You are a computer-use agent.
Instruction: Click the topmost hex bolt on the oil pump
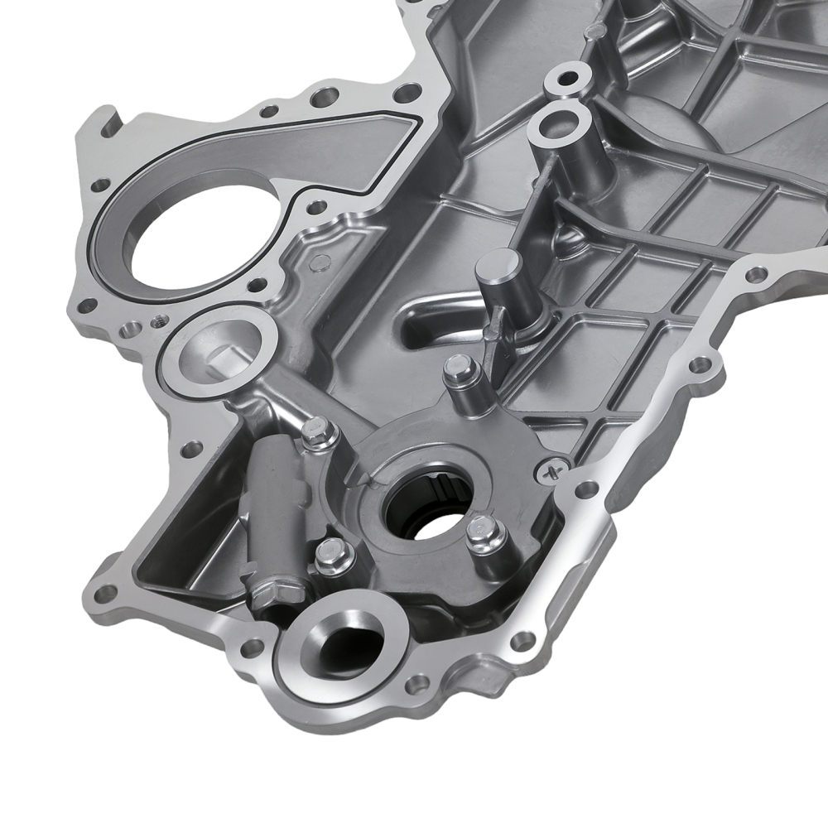click(x=457, y=369)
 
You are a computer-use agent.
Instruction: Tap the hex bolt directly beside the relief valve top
click(x=320, y=432)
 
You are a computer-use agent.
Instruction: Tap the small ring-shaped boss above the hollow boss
click(x=567, y=79)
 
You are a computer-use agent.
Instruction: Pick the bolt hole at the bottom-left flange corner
click(x=105, y=593)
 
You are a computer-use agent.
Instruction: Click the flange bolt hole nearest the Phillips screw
click(x=587, y=489)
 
